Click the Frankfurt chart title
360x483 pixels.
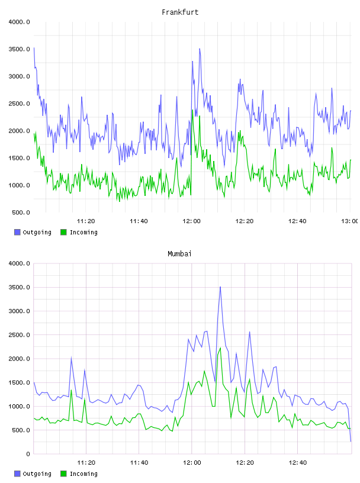click(180, 12)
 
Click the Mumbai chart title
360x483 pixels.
click(179, 254)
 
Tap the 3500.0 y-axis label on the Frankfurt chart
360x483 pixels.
click(19, 49)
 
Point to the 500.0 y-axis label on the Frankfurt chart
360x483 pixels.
click(21, 212)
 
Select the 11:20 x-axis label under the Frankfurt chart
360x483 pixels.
click(86, 221)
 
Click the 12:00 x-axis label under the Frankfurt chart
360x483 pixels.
click(191, 221)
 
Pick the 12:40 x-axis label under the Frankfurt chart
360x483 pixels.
click(297, 221)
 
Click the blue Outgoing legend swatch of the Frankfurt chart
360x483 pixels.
click(17, 232)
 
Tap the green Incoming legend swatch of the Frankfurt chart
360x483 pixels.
click(63, 232)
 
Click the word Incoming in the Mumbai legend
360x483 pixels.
click(83, 474)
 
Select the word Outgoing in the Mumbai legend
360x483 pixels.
click(37, 474)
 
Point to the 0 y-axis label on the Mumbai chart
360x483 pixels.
click(28, 454)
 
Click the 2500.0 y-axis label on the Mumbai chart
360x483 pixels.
click(19, 335)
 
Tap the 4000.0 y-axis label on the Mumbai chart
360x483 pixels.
click(19, 263)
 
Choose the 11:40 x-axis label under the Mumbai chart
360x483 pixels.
click(139, 463)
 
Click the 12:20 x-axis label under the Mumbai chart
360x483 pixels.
click(245, 463)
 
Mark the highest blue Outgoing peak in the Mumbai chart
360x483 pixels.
click(220, 286)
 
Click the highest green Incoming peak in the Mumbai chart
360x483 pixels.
click(220, 348)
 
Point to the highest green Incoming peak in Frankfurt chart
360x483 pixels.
click(192, 110)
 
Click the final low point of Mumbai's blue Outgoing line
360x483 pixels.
click(351, 442)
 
